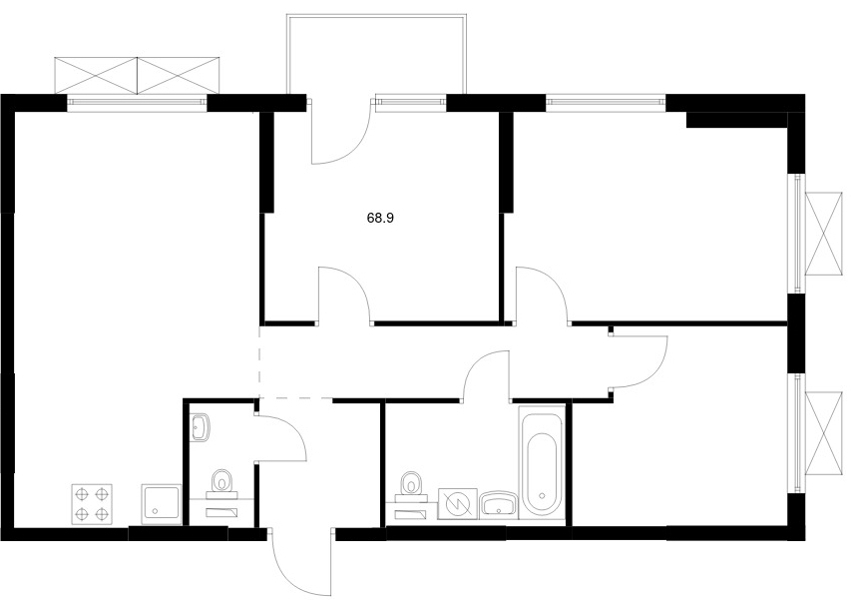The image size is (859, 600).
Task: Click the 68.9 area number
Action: coord(380,218)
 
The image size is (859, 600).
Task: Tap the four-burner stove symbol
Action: coord(92,503)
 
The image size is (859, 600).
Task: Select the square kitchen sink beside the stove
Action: coord(162,503)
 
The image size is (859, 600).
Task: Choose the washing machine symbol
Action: coord(458,503)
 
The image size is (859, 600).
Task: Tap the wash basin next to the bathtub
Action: coord(499,504)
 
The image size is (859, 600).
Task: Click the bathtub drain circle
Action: coord(542,495)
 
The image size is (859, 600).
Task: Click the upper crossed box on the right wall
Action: coord(823,233)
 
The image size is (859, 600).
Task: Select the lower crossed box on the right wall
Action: coord(823,433)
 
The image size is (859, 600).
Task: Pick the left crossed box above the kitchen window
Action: coord(97,75)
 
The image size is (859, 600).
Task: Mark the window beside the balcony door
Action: coord(409,102)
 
